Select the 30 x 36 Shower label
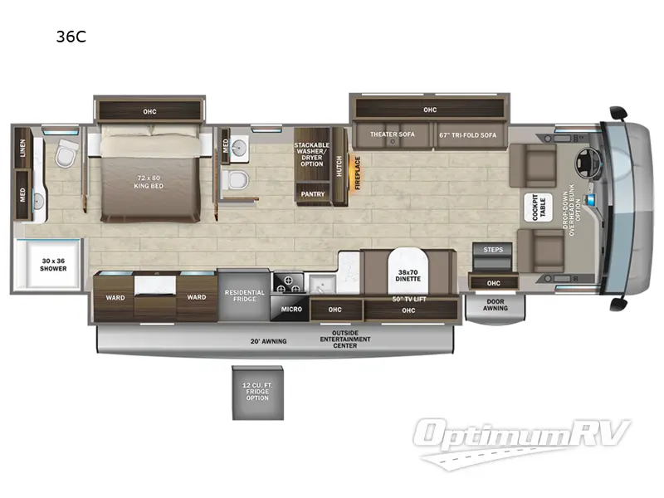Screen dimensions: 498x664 pyautogui.click(x=46, y=265)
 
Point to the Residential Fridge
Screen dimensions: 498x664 pyautogui.click(x=244, y=295)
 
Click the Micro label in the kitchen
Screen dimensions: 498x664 pyautogui.click(x=290, y=310)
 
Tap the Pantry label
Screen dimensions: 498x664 pyautogui.click(x=313, y=194)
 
